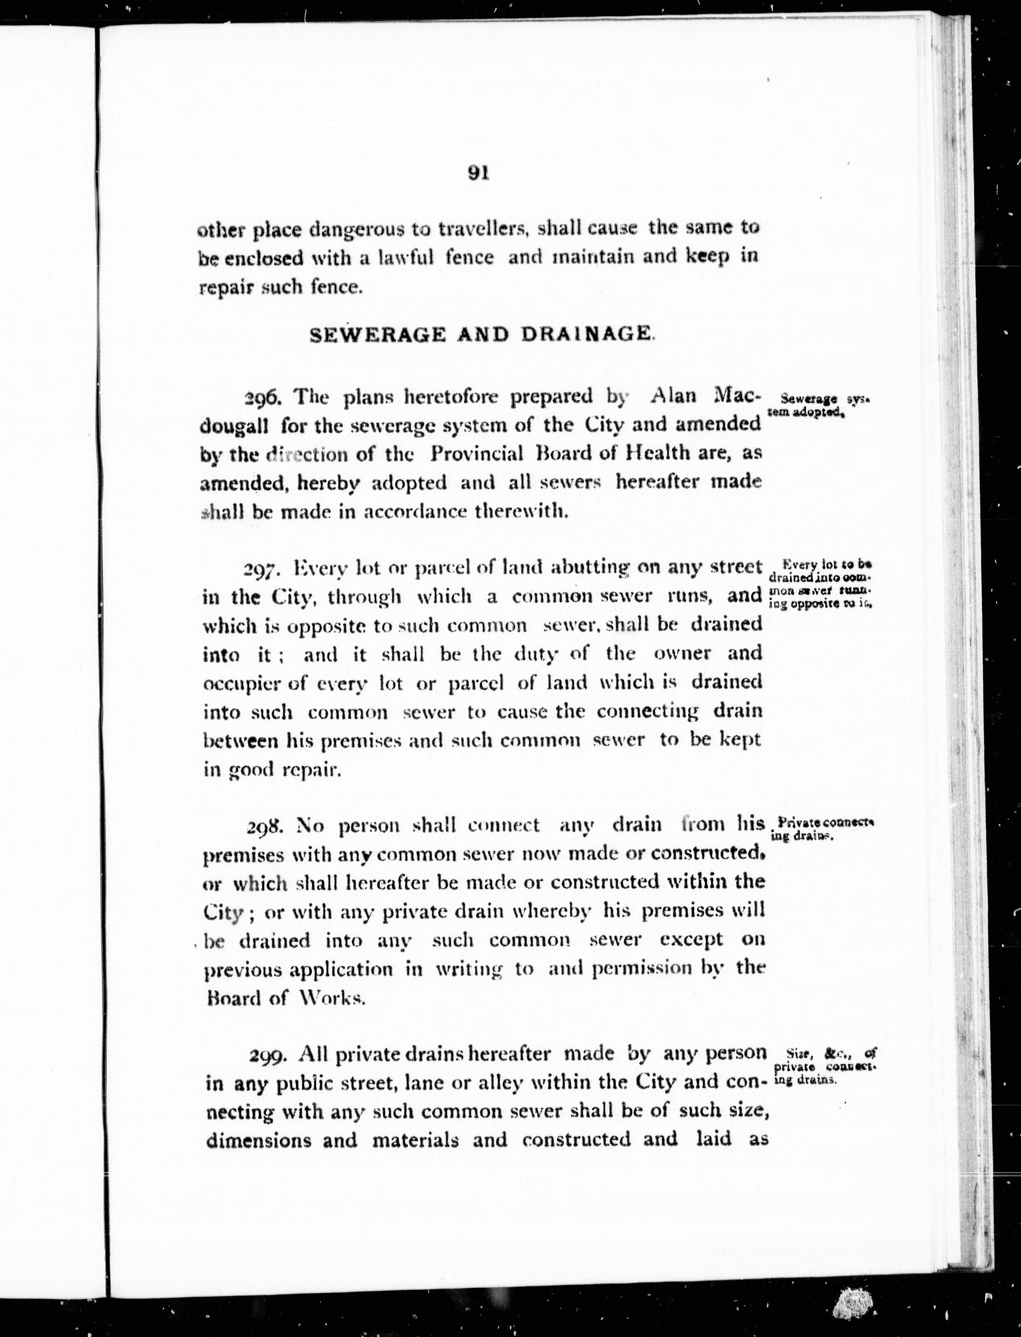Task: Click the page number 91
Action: point(478,173)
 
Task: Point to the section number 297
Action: point(261,570)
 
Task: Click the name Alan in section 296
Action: point(673,396)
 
